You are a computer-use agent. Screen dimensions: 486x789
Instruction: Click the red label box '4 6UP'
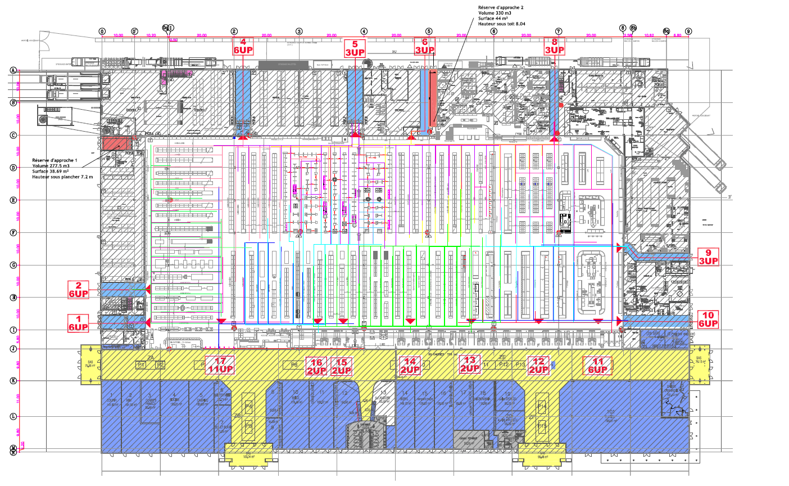coord(243,46)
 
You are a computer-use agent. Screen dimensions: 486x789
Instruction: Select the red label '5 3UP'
coord(355,48)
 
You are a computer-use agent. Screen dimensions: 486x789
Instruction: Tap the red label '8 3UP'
coord(555,46)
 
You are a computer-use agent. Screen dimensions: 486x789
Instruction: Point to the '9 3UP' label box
coord(708,256)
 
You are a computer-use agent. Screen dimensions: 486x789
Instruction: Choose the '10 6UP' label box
coord(708,319)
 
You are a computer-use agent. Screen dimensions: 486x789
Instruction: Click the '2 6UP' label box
coord(79,290)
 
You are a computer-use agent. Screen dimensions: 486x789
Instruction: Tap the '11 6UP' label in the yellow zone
coord(598,366)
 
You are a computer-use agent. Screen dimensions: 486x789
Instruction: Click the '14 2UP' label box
coord(410,366)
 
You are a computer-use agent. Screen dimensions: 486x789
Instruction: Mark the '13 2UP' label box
coord(470,364)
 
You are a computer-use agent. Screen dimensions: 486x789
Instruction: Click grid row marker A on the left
coord(12,70)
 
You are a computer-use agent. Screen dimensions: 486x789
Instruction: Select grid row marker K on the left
coord(12,381)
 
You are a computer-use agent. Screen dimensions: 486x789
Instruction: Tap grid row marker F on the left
coord(12,232)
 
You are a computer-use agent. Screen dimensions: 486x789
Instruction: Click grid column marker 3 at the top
coord(299,31)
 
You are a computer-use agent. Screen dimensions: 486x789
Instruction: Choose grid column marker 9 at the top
coord(688,31)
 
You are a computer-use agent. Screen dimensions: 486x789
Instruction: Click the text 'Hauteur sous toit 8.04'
coord(501,24)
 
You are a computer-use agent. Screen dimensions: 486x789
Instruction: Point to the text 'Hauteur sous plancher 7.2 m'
coord(63,177)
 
